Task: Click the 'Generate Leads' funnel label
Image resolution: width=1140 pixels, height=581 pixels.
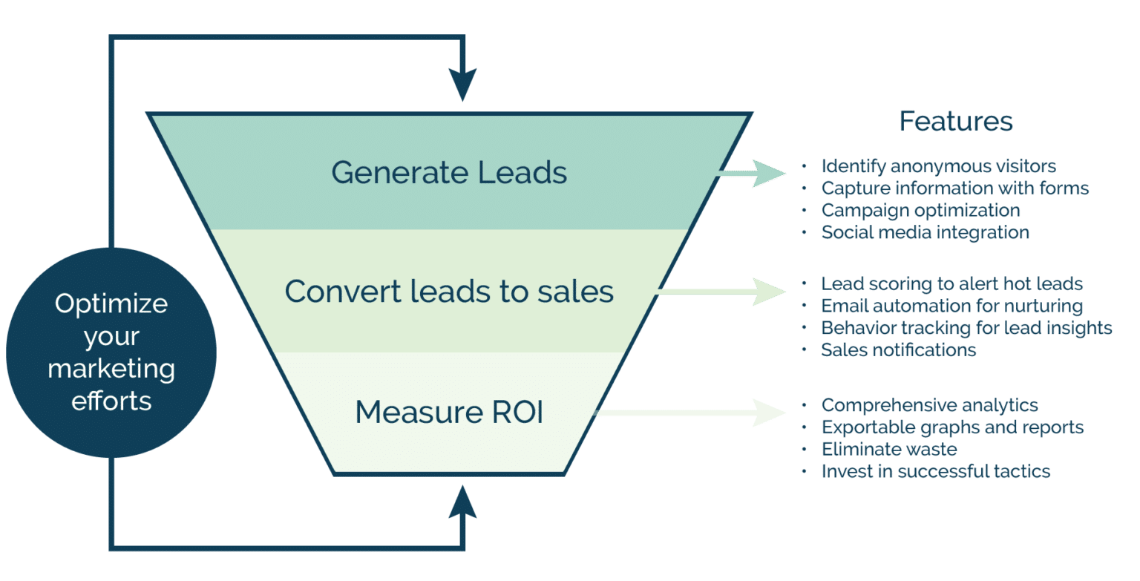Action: click(449, 172)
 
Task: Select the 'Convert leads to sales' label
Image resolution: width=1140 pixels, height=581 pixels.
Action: click(449, 292)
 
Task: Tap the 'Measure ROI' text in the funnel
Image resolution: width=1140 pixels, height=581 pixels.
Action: click(449, 413)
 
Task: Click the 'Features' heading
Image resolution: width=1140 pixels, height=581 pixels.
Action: click(955, 121)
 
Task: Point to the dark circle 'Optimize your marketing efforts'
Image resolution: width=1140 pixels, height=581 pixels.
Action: click(111, 352)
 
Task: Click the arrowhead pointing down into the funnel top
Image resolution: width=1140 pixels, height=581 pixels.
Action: click(462, 85)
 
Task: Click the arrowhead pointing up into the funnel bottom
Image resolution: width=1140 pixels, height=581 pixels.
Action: click(462, 503)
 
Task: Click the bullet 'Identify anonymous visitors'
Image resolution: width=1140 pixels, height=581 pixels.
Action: click(938, 166)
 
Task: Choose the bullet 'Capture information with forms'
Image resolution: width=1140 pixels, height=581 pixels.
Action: click(954, 188)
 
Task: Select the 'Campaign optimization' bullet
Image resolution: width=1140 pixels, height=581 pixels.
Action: click(920, 211)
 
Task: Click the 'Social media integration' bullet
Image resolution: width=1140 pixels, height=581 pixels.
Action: click(925, 233)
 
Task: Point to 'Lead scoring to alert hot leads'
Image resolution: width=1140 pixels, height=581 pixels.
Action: click(951, 284)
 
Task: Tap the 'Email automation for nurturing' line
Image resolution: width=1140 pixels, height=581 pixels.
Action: click(951, 306)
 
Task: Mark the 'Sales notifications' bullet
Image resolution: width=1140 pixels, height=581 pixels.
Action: click(898, 349)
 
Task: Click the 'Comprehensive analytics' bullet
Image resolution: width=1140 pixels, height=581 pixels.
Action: click(929, 405)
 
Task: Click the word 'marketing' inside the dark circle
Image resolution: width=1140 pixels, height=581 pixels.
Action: click(111, 369)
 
